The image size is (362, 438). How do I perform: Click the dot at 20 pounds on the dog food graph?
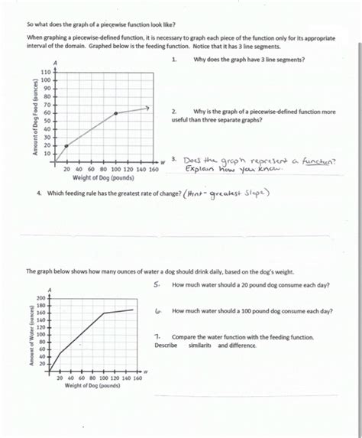[x=66, y=145]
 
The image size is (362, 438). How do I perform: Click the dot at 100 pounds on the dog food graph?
[x=115, y=113]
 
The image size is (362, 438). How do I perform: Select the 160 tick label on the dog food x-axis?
[x=153, y=170]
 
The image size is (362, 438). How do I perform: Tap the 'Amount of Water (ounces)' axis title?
[x=34, y=337]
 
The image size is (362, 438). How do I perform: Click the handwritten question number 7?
[x=156, y=335]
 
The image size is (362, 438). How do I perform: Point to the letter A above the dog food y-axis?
[x=55, y=62]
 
